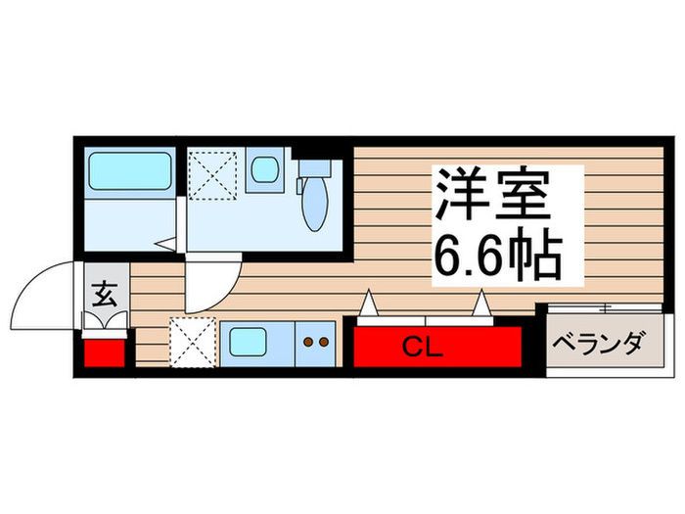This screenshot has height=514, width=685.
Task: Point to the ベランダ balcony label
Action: pos(597,345)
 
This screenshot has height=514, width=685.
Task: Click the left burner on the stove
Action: pos(308,343)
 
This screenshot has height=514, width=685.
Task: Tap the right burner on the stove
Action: pos(322,343)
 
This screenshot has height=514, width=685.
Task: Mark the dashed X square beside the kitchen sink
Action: pos(193,343)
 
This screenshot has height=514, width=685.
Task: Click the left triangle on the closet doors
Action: pos(368,306)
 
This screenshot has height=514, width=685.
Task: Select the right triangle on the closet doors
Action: pos(481,306)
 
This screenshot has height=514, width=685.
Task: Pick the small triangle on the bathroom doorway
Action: pos(166,242)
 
